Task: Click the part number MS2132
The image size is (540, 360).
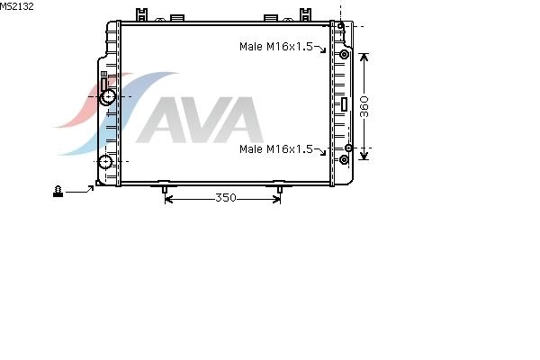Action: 16,6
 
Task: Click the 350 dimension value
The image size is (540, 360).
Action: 226,198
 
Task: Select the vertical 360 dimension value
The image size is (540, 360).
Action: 364,107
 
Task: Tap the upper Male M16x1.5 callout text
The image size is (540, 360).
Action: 276,46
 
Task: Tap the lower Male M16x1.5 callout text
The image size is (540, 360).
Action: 276,148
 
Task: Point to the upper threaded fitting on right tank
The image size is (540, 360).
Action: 344,54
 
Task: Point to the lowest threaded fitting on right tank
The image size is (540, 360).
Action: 344,159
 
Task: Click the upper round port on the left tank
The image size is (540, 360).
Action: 108,97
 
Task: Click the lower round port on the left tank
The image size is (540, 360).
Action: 104,162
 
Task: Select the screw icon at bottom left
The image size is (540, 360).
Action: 58,191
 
